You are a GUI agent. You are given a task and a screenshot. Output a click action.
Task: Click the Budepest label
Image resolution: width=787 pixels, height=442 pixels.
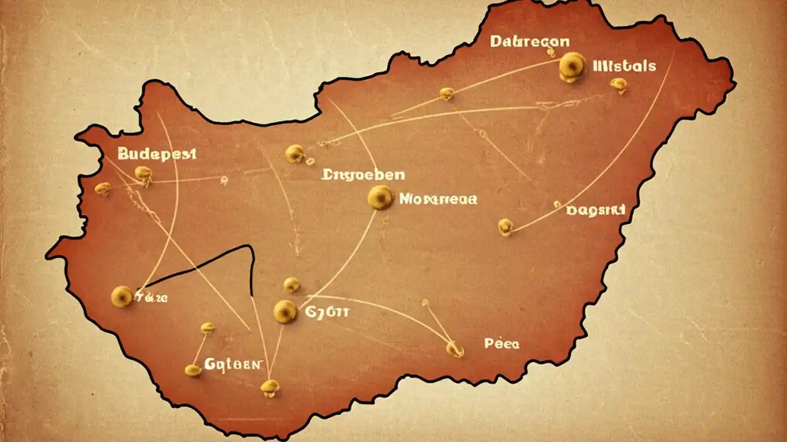click(156, 153)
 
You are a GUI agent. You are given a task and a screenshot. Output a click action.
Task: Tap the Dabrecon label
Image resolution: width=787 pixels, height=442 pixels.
click(529, 42)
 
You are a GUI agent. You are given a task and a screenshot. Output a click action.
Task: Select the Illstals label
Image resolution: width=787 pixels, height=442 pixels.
click(624, 66)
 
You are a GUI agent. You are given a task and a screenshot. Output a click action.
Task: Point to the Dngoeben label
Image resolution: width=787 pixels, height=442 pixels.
click(363, 174)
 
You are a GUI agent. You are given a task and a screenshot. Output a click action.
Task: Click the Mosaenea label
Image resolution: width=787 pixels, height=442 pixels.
click(438, 199)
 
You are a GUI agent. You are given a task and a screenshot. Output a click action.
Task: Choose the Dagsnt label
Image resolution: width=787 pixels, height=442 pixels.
click(595, 211)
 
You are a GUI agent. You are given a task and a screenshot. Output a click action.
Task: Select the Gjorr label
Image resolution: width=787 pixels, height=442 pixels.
click(326, 312)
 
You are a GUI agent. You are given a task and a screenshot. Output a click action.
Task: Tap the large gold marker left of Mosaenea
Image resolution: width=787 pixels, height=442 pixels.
click(380, 197)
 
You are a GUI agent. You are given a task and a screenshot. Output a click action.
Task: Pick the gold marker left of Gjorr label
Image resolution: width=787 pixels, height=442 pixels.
click(285, 311)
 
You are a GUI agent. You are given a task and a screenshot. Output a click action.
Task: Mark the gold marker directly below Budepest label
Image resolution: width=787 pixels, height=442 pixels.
click(143, 174)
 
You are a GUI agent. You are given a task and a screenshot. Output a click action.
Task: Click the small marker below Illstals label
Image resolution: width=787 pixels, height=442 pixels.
click(619, 85)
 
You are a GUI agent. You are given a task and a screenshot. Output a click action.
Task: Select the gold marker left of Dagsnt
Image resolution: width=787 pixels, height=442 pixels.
click(505, 227)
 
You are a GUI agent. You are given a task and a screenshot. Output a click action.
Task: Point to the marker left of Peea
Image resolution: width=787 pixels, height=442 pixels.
click(454, 349)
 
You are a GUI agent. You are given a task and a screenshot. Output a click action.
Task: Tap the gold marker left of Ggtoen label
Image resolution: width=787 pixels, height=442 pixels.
click(193, 369)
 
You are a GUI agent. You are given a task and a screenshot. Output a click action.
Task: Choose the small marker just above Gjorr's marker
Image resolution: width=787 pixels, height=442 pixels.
click(291, 284)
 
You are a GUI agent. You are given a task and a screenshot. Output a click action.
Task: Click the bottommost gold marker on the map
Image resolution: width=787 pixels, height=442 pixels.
click(269, 386)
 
